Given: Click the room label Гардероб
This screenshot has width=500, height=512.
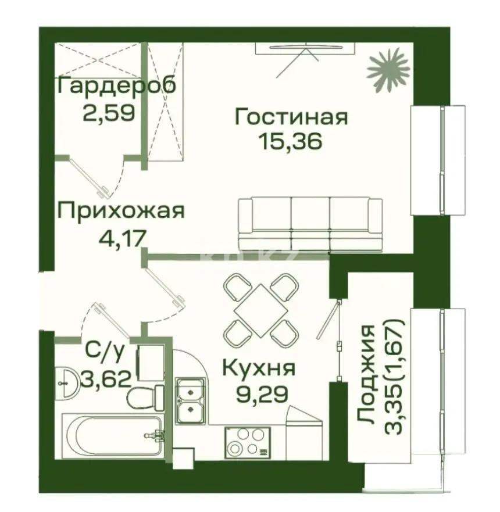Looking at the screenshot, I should pyautogui.click(x=117, y=86).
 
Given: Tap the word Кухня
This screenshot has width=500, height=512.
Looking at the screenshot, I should pyautogui.click(x=259, y=368).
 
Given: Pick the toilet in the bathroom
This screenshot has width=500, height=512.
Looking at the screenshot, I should pyautogui.click(x=140, y=400).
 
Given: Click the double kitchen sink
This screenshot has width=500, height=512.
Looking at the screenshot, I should pyautogui.click(x=190, y=400).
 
